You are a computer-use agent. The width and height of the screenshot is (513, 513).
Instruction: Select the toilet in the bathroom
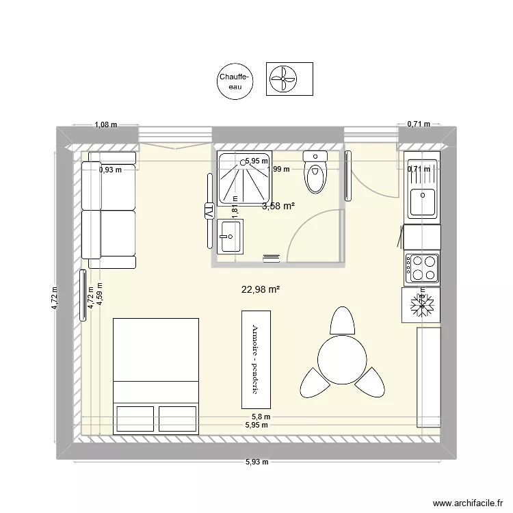315,175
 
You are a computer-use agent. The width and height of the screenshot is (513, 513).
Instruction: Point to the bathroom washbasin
229,236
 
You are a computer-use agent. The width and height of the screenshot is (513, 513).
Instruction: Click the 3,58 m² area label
278,205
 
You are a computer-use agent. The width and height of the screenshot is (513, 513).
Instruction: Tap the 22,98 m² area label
261,289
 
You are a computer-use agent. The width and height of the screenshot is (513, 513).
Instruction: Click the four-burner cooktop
421,267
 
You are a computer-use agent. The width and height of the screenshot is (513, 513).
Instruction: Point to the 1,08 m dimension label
105,124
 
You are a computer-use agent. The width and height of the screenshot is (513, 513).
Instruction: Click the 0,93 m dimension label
109,170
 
